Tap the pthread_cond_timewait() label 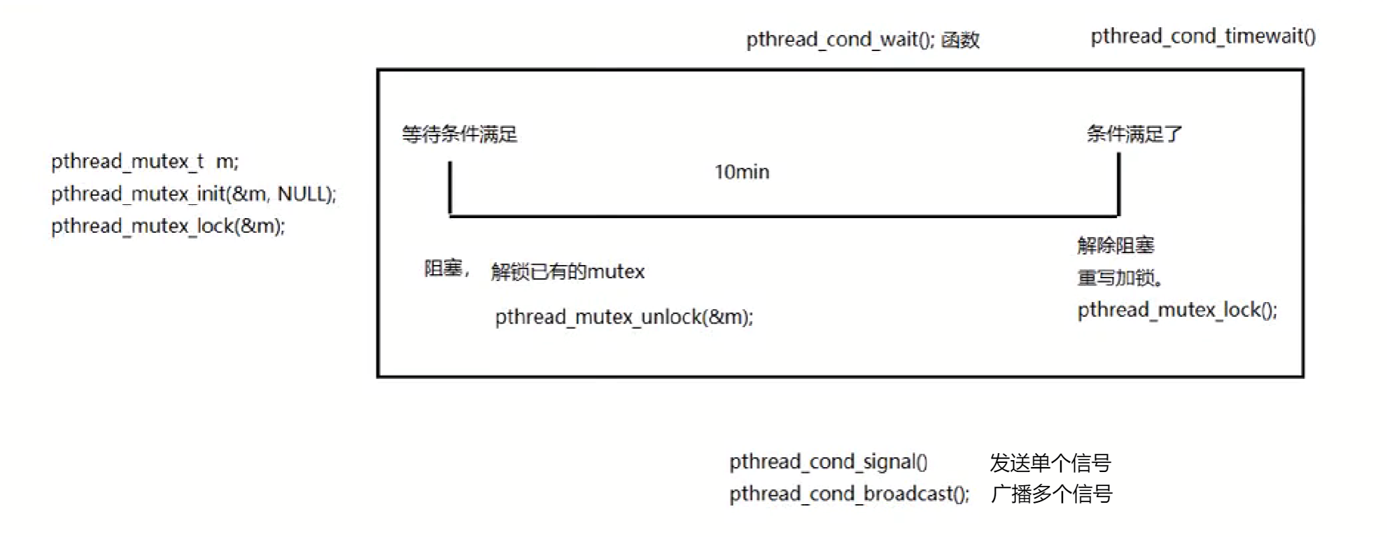pyautogui.click(x=1203, y=36)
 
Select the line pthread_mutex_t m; pyautogui.click(x=145, y=162)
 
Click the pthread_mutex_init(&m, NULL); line pyautogui.click(x=194, y=194)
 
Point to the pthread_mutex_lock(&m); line pyautogui.click(x=168, y=226)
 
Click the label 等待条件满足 pyautogui.click(x=459, y=134)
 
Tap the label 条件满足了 pyautogui.click(x=1134, y=134)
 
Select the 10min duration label pyautogui.click(x=742, y=172)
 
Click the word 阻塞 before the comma pyautogui.click(x=443, y=268)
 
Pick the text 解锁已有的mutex pyautogui.click(x=568, y=271)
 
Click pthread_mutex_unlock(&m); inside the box pyautogui.click(x=624, y=317)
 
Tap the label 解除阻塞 pyautogui.click(x=1115, y=245)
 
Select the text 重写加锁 pyautogui.click(x=1118, y=278)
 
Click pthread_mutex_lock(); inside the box pyautogui.click(x=1177, y=310)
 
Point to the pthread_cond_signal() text pyautogui.click(x=828, y=461)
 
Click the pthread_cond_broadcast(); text pyautogui.click(x=850, y=494)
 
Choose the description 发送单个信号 pyautogui.click(x=1050, y=462)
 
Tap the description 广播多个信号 pyautogui.click(x=1051, y=494)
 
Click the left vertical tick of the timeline pyautogui.click(x=450, y=187)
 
